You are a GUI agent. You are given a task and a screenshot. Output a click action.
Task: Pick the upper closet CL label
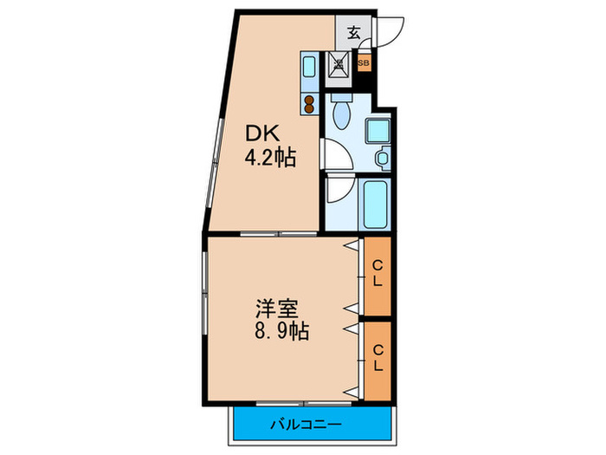[x=377, y=273]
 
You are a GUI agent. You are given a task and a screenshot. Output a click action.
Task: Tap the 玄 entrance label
[x=354, y=34]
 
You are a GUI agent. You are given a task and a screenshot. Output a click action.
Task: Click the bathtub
[x=377, y=202]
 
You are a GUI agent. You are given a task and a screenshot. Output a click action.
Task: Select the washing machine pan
[x=378, y=130]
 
